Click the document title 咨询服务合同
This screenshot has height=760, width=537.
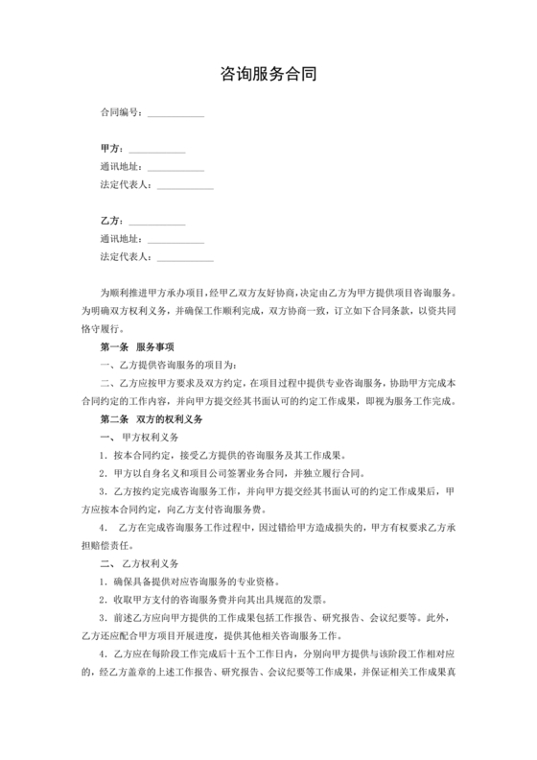click(x=268, y=73)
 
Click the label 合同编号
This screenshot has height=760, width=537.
click(x=121, y=112)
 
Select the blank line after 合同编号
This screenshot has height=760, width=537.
click(x=175, y=114)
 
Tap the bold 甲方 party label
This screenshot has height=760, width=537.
click(x=110, y=149)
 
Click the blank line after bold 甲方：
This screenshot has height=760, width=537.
click(x=156, y=151)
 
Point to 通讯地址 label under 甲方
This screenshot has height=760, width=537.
click(x=121, y=167)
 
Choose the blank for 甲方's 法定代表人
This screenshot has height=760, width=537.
click(x=185, y=186)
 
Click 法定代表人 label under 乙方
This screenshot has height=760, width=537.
click(x=125, y=256)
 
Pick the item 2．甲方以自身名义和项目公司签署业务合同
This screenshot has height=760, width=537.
click(x=230, y=474)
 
